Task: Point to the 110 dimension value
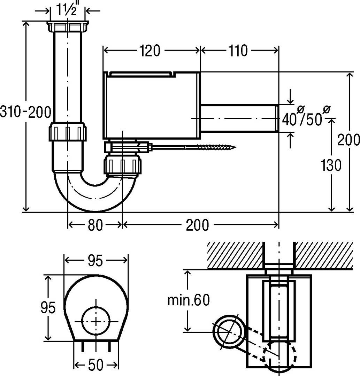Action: tap(238, 51)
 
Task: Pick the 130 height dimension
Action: tap(331, 166)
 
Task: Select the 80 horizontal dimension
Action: tap(95, 225)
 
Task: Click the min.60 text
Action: tap(189, 300)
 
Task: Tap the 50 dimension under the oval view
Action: tap(95, 365)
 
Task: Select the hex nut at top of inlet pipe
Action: tap(68, 26)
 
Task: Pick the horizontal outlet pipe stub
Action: tap(239, 118)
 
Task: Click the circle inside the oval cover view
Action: tap(95, 321)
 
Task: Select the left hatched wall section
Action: tap(235, 255)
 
